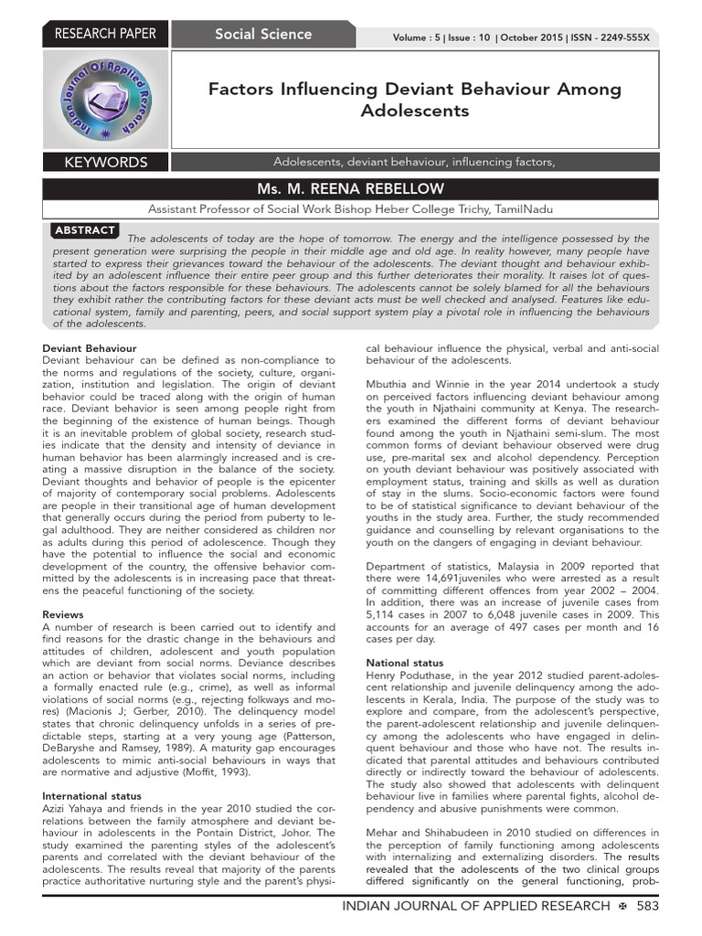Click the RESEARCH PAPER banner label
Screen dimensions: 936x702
[106, 34]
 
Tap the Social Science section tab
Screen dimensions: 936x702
[263, 34]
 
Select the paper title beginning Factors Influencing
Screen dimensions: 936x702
[414, 100]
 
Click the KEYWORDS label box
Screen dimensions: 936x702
[106, 163]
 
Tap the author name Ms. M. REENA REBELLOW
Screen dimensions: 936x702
[351, 188]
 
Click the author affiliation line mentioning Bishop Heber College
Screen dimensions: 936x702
[351, 208]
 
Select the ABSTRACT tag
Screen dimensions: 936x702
[85, 230]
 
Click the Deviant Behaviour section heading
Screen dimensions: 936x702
[90, 348]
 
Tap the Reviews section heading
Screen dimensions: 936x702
[63, 615]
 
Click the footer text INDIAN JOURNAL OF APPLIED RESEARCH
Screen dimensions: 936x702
[474, 906]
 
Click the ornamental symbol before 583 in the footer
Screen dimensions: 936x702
[621, 906]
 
